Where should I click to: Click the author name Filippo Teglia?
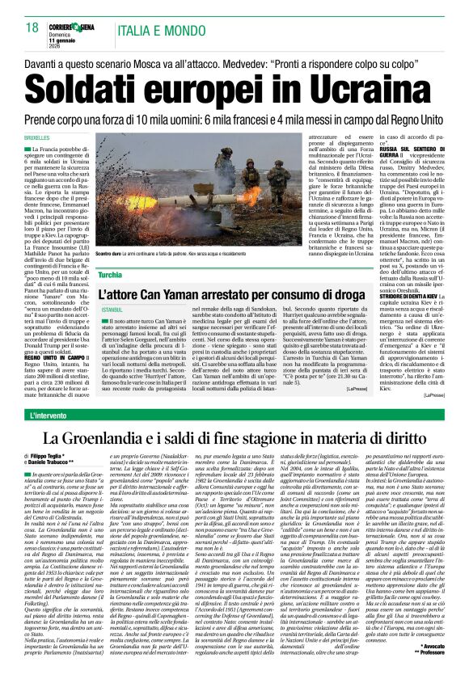coord(61,460)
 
